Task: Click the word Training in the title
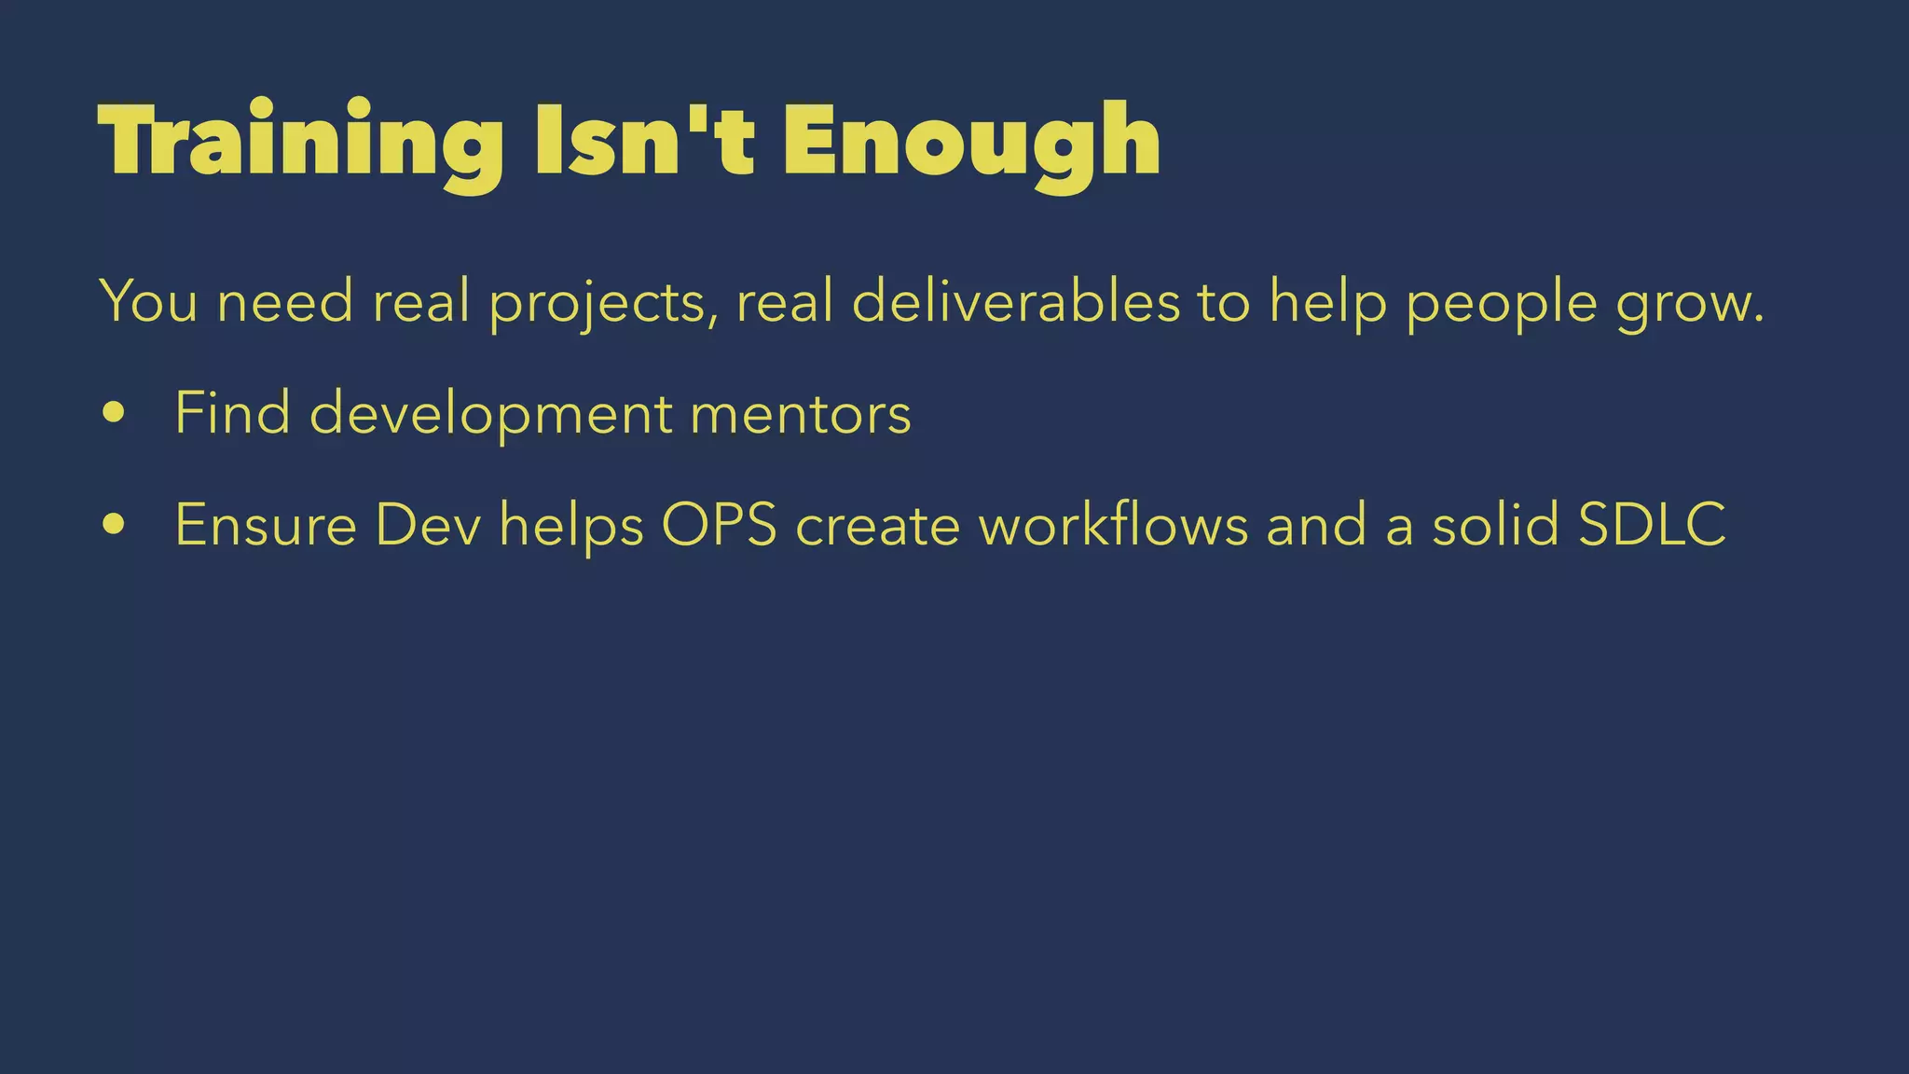point(300,142)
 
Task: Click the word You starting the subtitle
point(148,301)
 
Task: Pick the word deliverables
point(1016,301)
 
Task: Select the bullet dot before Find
point(114,412)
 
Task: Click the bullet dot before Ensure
point(114,524)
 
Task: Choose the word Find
point(232,412)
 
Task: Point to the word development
point(490,414)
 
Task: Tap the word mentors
point(801,414)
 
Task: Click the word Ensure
point(266,525)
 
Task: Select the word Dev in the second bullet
point(428,525)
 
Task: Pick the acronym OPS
point(719,525)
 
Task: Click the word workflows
point(1113,525)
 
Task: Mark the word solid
point(1495,525)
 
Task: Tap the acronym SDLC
point(1652,525)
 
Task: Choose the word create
point(877,525)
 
